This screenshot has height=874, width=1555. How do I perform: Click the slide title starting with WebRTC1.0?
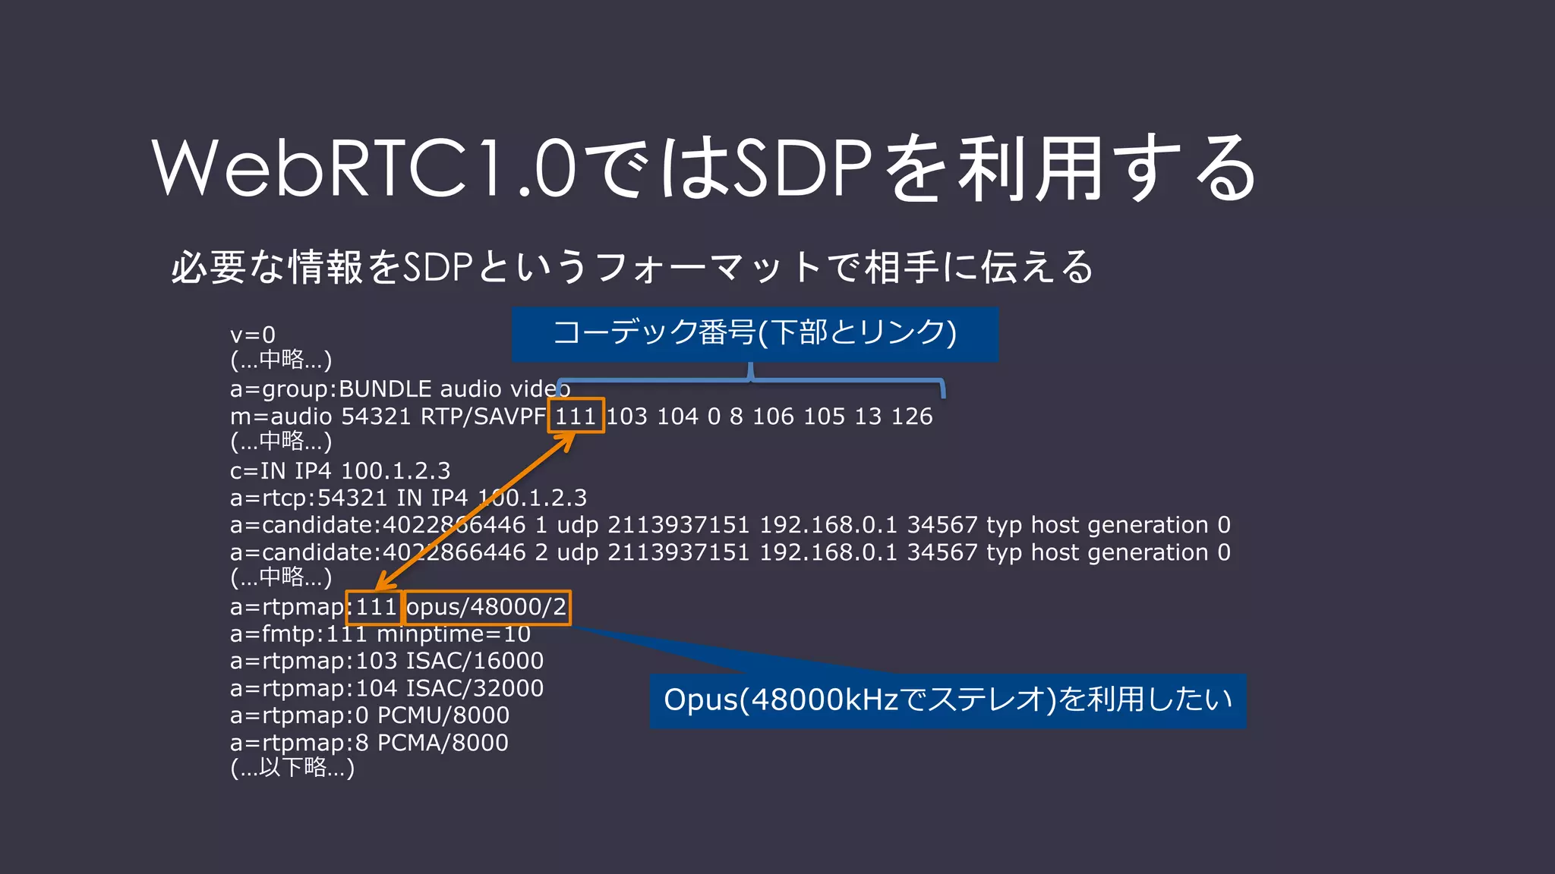click(x=705, y=168)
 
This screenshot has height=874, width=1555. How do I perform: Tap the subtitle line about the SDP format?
click(x=632, y=267)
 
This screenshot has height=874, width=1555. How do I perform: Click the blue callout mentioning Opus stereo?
click(x=948, y=700)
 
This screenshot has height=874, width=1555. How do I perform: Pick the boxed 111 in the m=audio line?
click(x=576, y=416)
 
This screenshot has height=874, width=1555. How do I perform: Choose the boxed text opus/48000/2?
click(x=487, y=607)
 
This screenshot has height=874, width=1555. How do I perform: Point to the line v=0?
click(x=253, y=335)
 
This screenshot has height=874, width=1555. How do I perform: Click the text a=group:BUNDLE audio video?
click(x=400, y=389)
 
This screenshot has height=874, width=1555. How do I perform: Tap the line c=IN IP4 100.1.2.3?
click(x=340, y=471)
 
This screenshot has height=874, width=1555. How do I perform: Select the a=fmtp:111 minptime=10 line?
click(x=380, y=634)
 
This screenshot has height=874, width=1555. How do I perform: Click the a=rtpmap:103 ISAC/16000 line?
click(x=386, y=661)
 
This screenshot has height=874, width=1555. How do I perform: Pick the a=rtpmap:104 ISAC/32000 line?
click(x=386, y=688)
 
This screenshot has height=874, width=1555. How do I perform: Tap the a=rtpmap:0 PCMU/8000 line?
click(x=370, y=715)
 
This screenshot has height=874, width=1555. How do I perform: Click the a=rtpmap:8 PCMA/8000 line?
click(x=370, y=743)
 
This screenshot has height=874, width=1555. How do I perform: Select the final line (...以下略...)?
click(x=292, y=769)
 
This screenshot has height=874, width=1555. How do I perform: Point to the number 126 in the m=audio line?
click(x=911, y=417)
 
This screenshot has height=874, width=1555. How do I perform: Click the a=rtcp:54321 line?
click(x=408, y=498)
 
